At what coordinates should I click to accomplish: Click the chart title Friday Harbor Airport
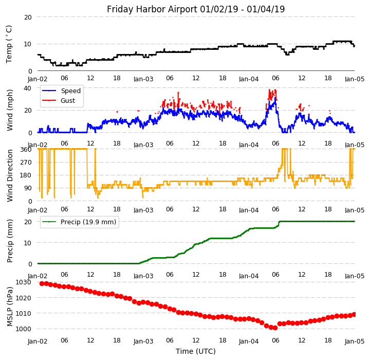[195, 9]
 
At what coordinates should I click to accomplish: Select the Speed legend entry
[70, 91]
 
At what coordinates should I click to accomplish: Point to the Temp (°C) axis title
[9, 44]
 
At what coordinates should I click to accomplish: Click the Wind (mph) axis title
[10, 110]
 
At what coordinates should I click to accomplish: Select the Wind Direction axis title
[10, 175]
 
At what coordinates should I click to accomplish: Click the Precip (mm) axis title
[10, 241]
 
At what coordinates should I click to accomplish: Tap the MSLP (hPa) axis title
[10, 306]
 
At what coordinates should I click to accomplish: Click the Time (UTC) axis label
[195, 351]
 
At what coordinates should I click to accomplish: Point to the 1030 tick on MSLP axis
[24, 282]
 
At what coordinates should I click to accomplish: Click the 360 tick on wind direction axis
[26, 149]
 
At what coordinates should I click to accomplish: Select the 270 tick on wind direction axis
[26, 162]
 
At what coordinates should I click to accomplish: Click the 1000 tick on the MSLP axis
[24, 329]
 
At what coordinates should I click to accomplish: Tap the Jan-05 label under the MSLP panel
[354, 341]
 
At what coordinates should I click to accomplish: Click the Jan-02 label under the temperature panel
[38, 79]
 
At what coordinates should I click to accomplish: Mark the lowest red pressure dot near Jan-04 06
[275, 328]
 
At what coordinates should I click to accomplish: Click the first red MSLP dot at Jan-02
[42, 283]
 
